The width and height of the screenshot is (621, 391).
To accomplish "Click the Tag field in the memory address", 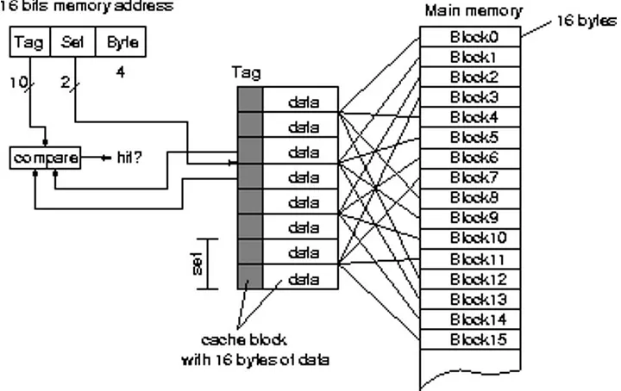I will (x=29, y=40).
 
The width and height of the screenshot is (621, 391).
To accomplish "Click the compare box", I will (x=45, y=158).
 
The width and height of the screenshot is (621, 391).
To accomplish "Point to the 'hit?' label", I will (x=129, y=158).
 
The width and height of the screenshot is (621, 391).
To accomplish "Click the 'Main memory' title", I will (x=473, y=10).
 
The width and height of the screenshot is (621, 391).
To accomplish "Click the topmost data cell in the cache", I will (x=302, y=102).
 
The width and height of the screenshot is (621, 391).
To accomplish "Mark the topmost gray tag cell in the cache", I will (x=250, y=102).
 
